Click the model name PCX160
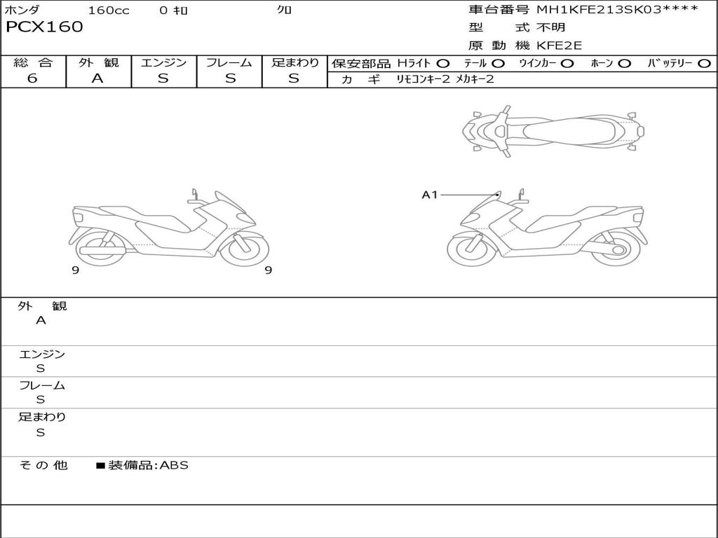coord(44,27)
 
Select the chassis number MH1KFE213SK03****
coord(617,10)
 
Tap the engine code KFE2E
coord(560,46)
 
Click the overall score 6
coord(32,78)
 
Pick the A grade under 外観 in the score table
coord(97,78)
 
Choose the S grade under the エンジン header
coord(163,78)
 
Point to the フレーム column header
coord(229,62)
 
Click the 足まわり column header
coord(294,62)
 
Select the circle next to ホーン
coord(624,63)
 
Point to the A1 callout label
coord(429,195)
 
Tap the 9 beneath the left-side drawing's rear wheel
coord(75,270)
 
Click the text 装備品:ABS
coord(148,465)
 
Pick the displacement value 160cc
coord(109,11)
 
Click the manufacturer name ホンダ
coord(22,11)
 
